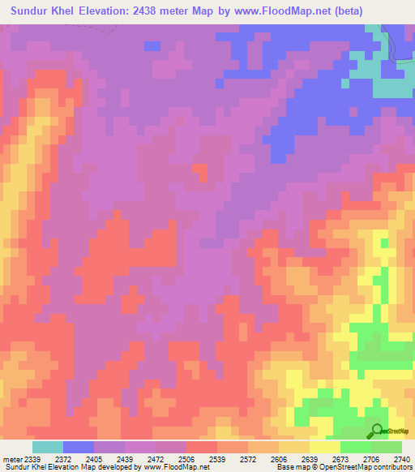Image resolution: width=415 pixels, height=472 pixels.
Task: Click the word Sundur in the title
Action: click(32, 11)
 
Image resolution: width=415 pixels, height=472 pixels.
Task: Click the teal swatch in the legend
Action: click(48, 447)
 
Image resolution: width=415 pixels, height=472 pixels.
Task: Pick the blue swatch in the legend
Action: click(79, 447)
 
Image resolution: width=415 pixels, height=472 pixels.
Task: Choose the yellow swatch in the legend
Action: click(325, 447)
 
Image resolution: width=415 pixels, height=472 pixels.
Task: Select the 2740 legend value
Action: click(402, 460)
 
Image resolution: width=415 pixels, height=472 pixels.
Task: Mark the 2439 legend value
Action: click(125, 460)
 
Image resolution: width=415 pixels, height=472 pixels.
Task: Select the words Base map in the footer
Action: click(289, 468)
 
